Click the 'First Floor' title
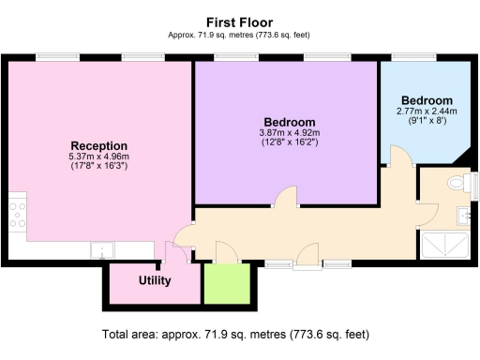239,21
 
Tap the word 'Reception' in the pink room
98,145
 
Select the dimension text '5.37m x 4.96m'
98,156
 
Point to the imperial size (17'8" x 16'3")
98,166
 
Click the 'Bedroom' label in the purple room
289,122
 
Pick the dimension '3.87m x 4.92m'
289,132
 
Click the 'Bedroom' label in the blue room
427,100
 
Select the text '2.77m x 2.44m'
427,111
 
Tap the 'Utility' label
154,280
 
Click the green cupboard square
227,283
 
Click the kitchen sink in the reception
100,250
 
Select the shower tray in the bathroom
446,246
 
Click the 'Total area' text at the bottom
239,334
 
